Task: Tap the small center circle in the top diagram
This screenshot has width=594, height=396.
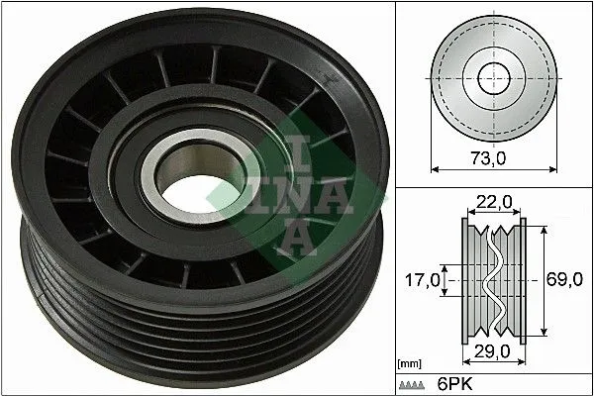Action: coord(492,77)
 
